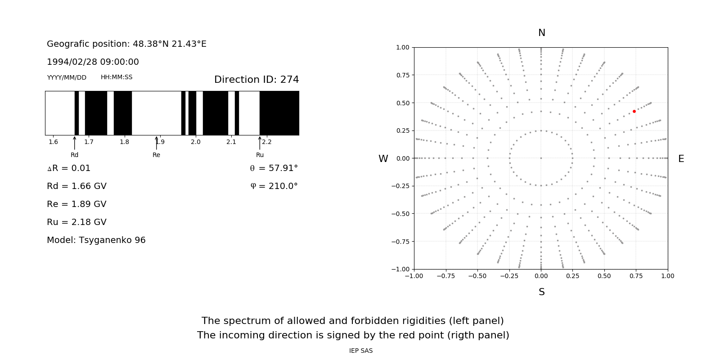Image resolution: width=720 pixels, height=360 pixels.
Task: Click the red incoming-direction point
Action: point(634,111)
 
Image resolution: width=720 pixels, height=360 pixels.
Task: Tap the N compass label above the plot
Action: point(541,33)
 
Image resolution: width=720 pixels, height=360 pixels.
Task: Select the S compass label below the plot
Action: point(541,292)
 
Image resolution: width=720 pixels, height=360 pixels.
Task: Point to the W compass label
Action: point(383,159)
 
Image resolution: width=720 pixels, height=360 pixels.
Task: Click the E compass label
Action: point(681,159)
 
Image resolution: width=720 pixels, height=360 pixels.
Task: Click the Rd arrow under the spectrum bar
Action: point(75,143)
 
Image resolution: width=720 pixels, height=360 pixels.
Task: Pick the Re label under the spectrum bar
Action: point(156,155)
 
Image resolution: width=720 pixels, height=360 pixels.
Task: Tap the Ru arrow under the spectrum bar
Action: point(260,143)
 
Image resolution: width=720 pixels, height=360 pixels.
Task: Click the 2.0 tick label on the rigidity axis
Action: point(195,142)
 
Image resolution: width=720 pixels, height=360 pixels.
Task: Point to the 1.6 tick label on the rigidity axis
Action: point(53,142)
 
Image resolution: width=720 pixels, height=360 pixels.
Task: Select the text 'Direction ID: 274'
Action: point(256,80)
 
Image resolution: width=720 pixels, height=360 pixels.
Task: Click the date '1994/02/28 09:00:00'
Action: point(93,62)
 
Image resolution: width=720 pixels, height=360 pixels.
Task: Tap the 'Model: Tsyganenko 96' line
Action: point(96,240)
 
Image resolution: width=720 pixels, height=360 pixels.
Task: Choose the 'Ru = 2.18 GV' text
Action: point(76,222)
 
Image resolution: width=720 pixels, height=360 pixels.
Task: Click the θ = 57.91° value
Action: point(274,168)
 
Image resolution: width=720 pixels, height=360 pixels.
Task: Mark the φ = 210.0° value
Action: point(274,186)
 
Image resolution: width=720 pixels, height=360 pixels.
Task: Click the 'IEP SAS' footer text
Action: point(360,351)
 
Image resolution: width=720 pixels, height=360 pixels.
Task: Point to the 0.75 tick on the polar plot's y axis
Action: point(402,75)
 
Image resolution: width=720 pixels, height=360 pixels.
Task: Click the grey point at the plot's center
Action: point(541,158)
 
